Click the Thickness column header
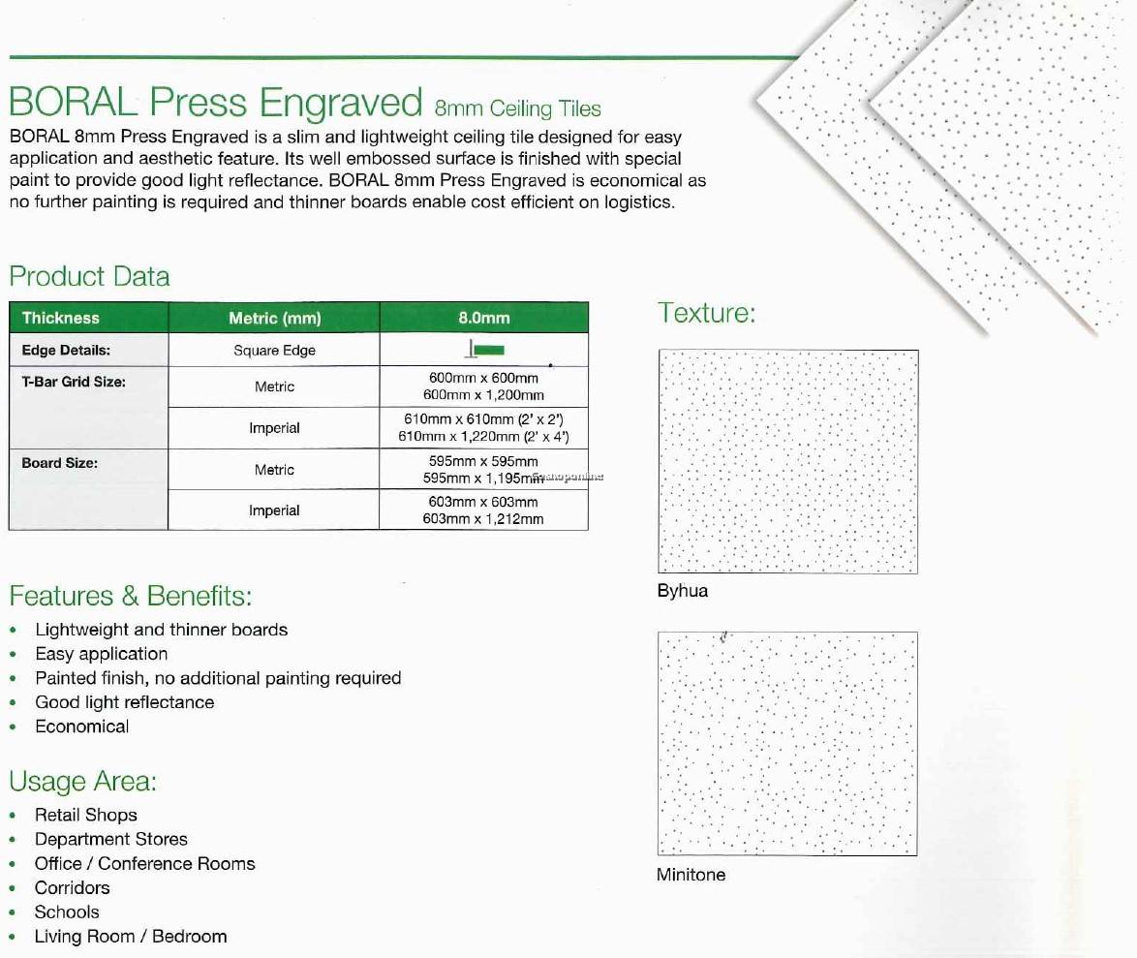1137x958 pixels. pos(60,318)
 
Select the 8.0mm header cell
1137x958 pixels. pos(483,318)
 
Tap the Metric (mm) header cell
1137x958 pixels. pos(274,318)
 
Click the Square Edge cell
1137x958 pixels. pos(274,351)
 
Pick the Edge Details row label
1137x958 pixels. pos(66,351)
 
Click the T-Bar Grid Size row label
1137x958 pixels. pos(74,382)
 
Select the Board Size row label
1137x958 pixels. pos(59,463)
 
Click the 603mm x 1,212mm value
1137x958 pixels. pos(483,519)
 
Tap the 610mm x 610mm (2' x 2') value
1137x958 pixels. pos(483,419)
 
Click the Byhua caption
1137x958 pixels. pos(682,591)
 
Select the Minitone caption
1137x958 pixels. pos(691,875)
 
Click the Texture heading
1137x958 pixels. pos(706,313)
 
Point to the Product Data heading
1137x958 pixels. pos(89,277)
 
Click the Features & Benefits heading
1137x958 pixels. pos(130,595)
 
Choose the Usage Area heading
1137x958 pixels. pos(82,781)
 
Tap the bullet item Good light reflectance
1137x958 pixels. pos(124,702)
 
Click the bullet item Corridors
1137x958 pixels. pos(72,888)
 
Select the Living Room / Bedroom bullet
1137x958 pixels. pos(130,937)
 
